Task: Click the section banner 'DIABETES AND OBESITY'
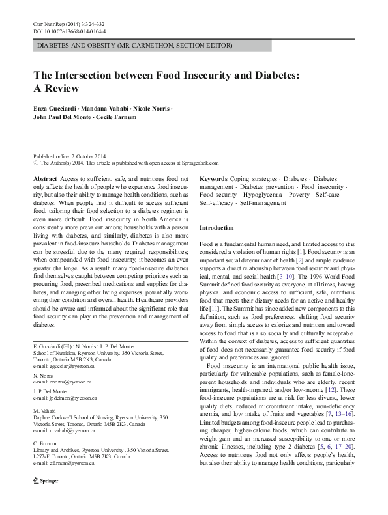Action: click(134, 46)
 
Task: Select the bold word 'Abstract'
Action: click(45, 178)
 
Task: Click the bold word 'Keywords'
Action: click(213, 178)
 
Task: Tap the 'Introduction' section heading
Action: click(216, 228)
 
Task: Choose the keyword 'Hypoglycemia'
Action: click(267, 195)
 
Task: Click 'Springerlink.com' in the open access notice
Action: click(198, 164)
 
